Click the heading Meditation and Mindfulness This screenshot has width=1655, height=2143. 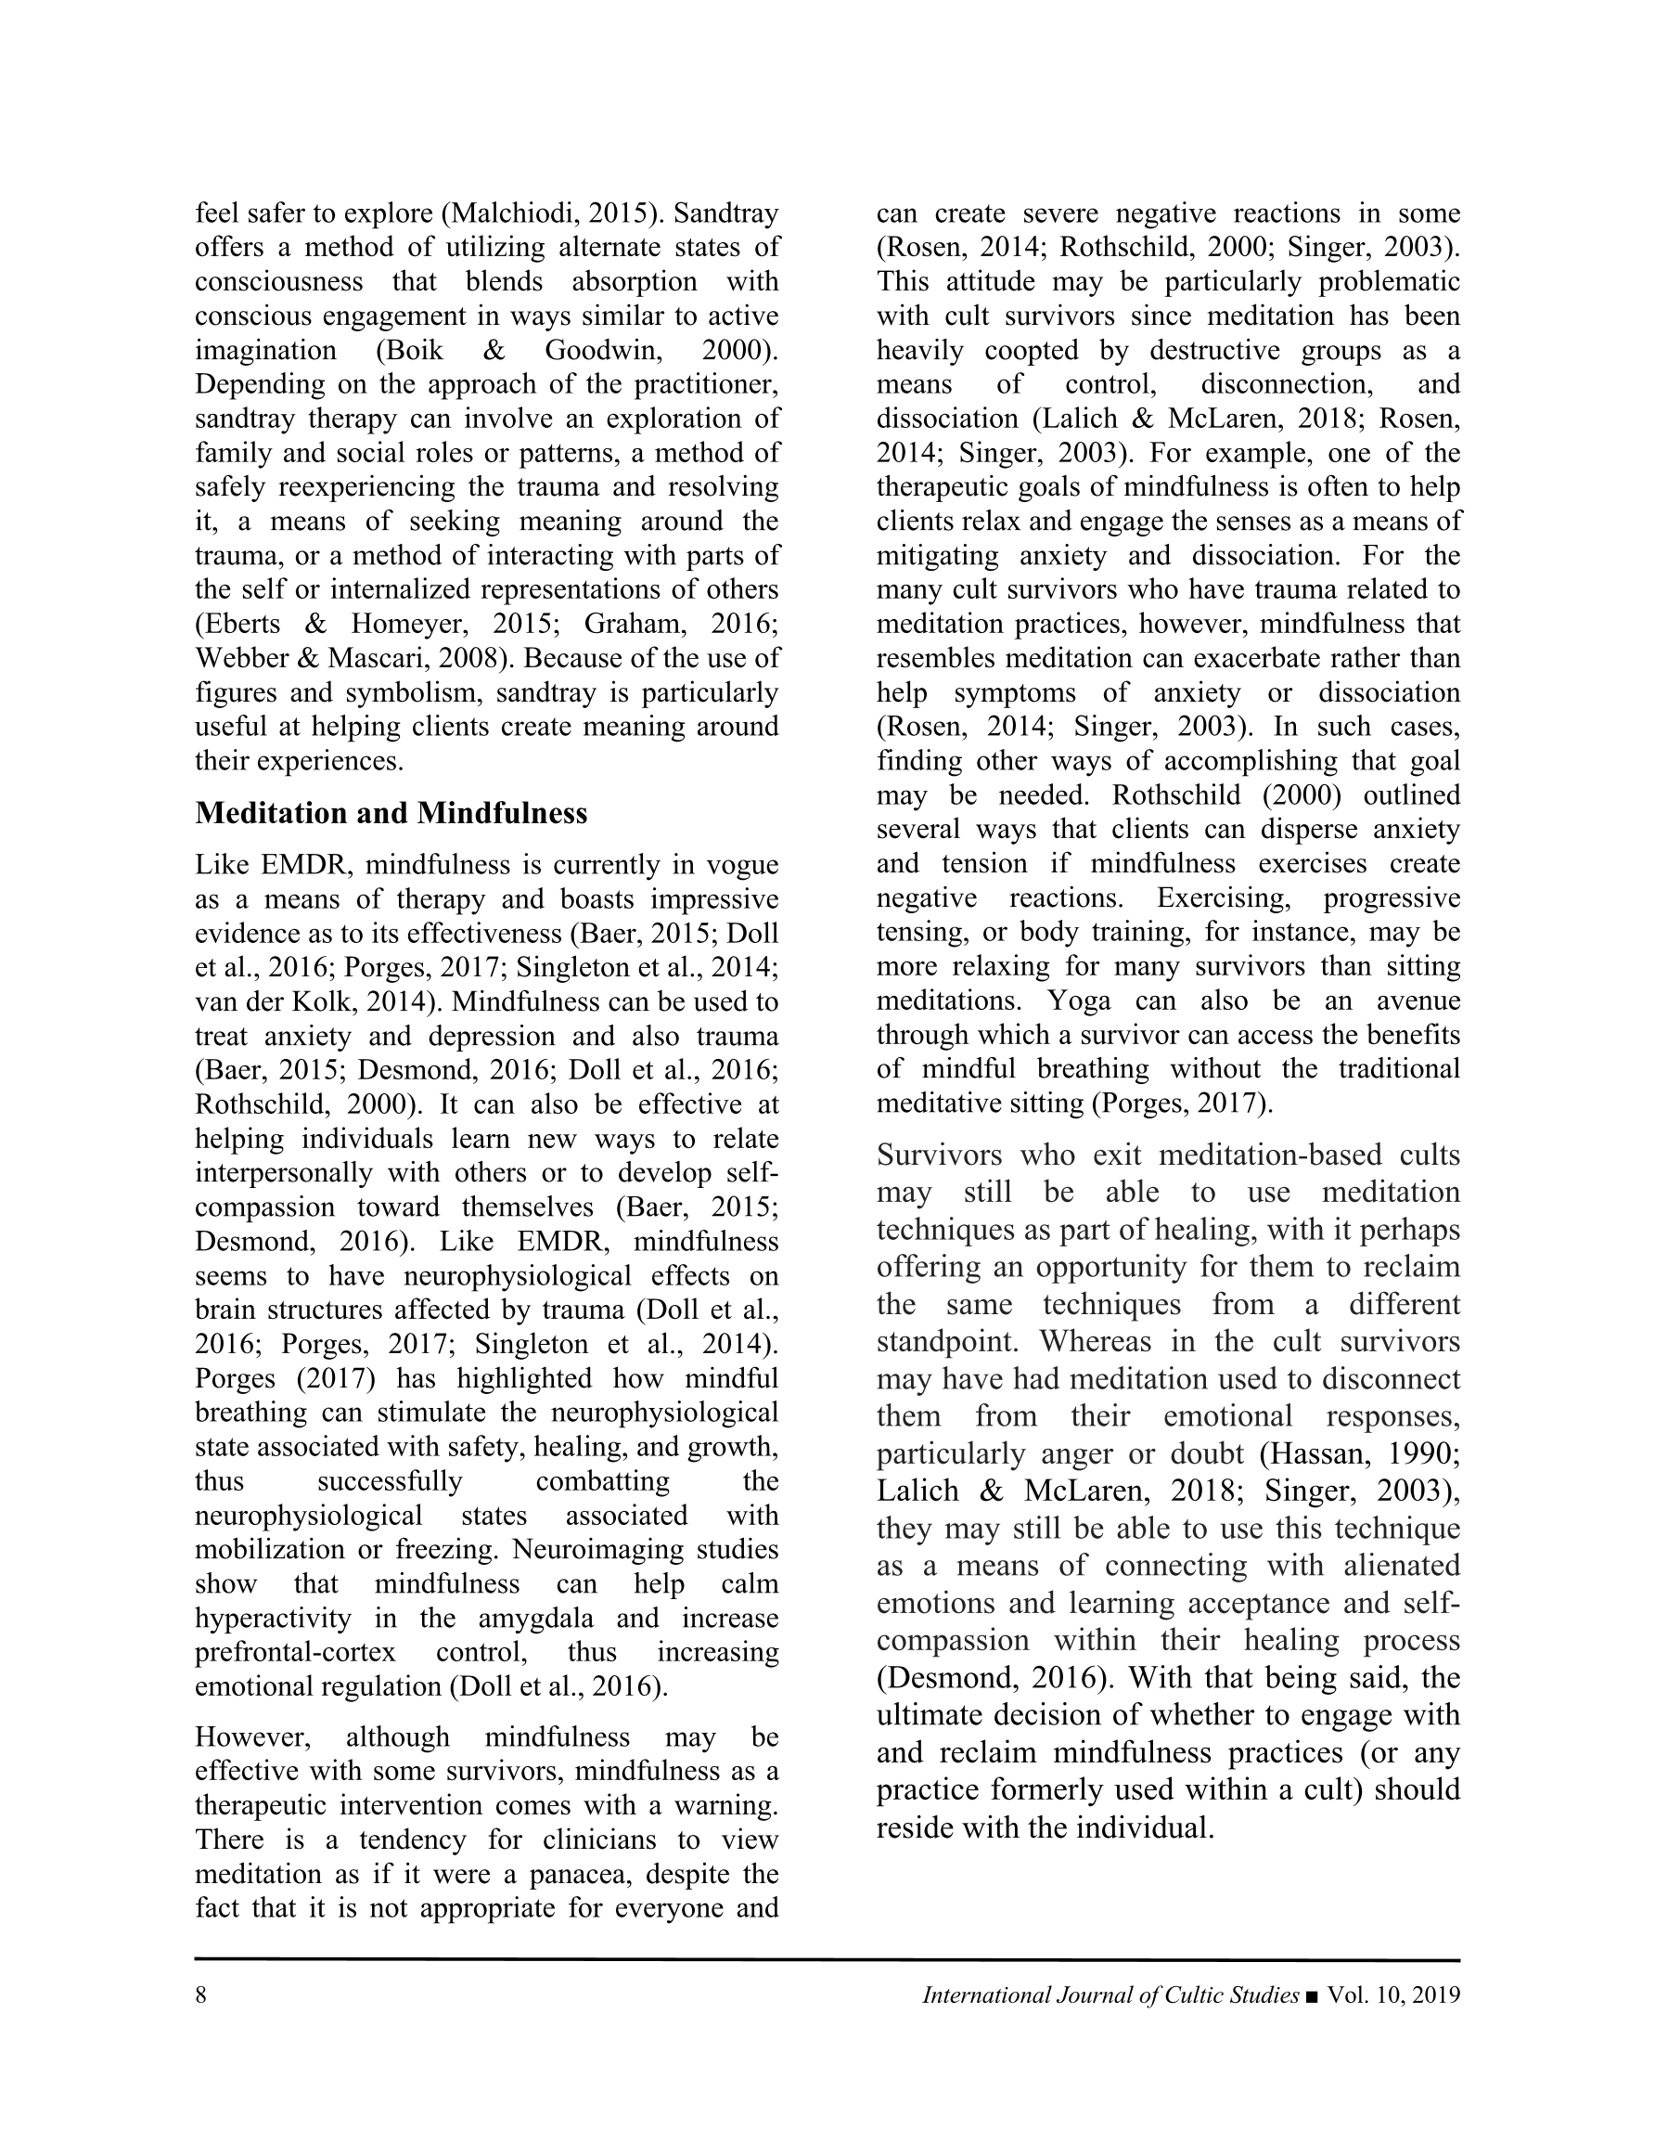pyautogui.click(x=391, y=813)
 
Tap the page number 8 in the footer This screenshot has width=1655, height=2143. pyautogui.click(x=201, y=1995)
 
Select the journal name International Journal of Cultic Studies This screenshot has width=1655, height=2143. pyautogui.click(x=1110, y=1995)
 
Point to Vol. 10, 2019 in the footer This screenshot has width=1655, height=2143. pyautogui.click(x=1393, y=1995)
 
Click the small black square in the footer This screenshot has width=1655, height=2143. pyautogui.click(x=1314, y=1996)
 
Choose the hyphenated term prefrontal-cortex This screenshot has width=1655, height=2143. pyautogui.click(x=295, y=1652)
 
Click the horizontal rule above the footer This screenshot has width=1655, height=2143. pyautogui.click(x=827, y=1959)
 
